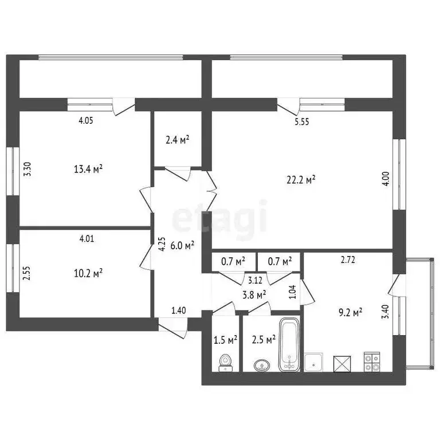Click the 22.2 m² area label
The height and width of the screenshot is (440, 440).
pos(301,180)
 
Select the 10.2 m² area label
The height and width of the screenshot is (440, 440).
pos(88,273)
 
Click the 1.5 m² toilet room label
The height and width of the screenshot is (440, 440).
pos(225,340)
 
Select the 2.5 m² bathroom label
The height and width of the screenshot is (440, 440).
pos(264,340)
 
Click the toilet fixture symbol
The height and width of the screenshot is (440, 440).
pos(226,362)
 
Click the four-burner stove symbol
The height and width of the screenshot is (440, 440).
pos(371,362)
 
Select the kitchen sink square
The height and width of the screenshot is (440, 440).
pos(313,362)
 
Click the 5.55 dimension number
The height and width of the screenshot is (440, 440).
pos(301,121)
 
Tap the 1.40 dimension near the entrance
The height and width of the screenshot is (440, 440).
pos(179,311)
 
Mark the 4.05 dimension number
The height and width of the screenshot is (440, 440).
pos(86,120)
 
